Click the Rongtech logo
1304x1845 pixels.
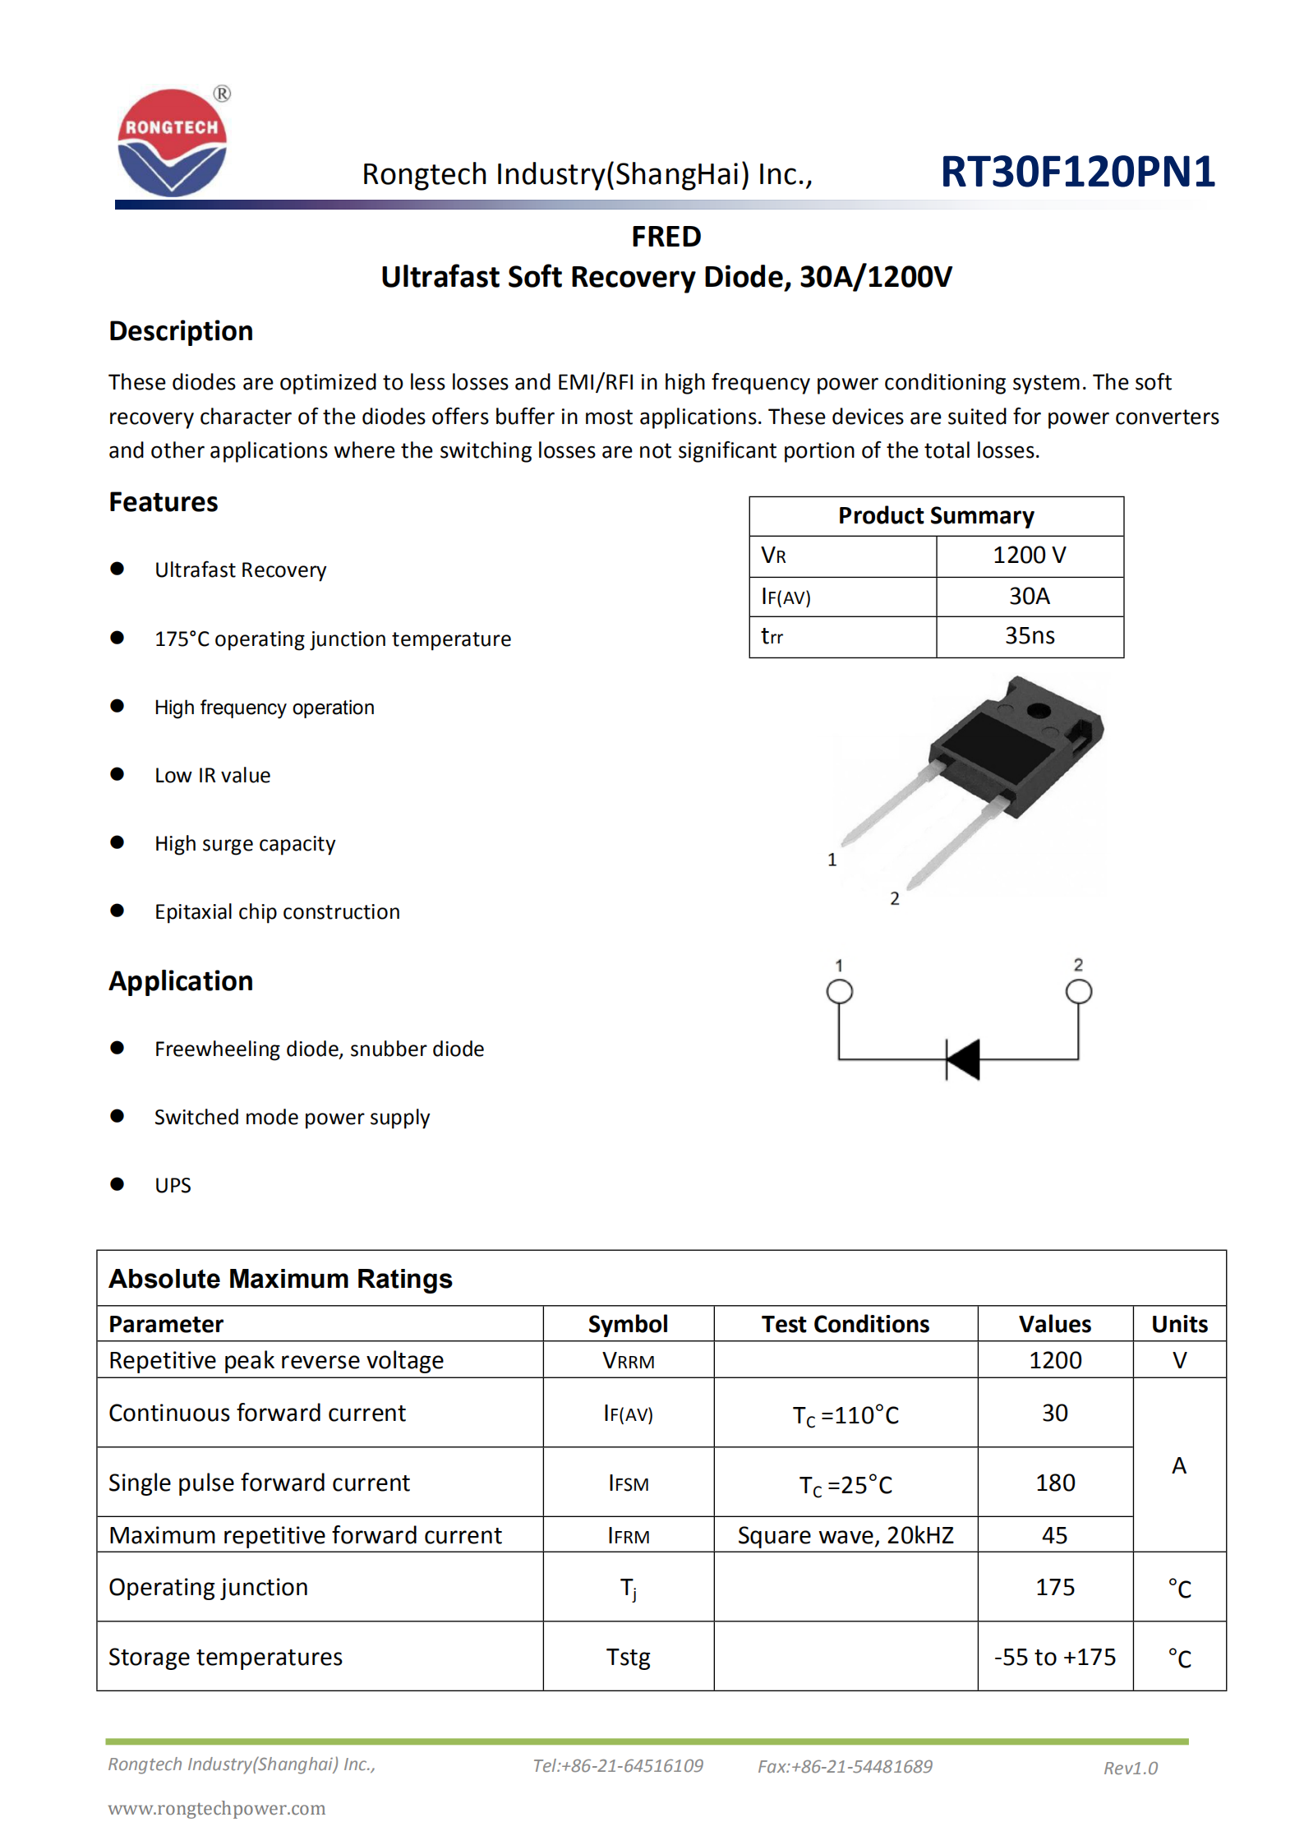[x=173, y=142]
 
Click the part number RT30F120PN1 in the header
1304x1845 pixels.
[x=1076, y=172]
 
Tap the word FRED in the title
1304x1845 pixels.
[x=666, y=237]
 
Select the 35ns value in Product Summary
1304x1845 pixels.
[x=1029, y=635]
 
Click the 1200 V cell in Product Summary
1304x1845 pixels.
[x=1029, y=556]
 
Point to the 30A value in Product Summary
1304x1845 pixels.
[x=1029, y=596]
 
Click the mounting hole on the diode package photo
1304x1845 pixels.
[x=1038, y=711]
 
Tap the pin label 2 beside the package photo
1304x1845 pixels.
[x=894, y=898]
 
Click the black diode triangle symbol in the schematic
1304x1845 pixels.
[x=965, y=1059]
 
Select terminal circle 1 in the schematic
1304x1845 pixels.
[x=839, y=991]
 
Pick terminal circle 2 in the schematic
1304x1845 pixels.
[x=1078, y=991]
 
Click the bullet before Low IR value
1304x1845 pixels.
[x=117, y=774]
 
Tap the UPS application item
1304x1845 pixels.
[x=173, y=1185]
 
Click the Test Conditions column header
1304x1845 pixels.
[x=845, y=1324]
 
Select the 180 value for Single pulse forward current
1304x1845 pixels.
[x=1054, y=1483]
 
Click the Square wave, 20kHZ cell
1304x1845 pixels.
[x=845, y=1535]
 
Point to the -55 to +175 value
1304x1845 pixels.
[x=1054, y=1657]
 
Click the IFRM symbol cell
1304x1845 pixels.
[x=628, y=1536]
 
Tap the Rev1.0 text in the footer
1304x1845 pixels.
[x=1130, y=1768]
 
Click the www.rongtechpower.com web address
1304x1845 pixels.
[x=217, y=1808]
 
